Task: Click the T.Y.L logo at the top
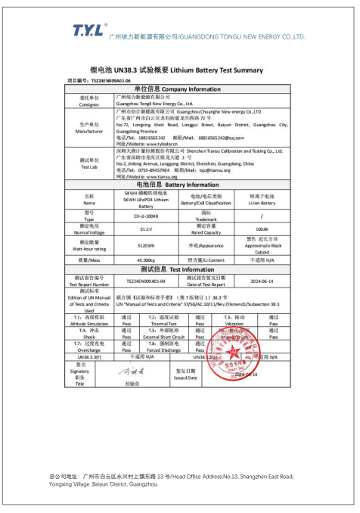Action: [88, 30]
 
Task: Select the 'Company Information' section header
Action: [178, 89]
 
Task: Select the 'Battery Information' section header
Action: [178, 185]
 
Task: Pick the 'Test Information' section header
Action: [178, 269]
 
